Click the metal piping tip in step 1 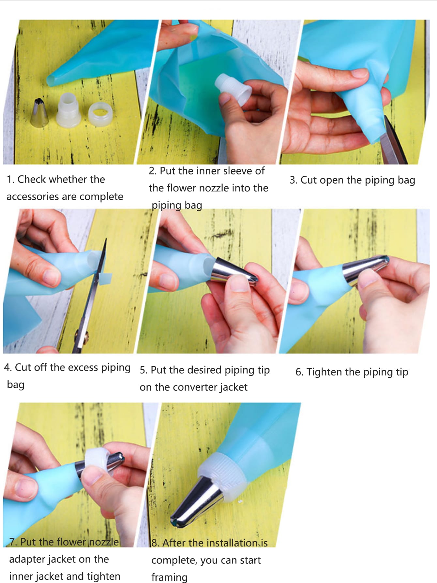(x=39, y=113)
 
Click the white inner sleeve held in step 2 (x=233, y=89)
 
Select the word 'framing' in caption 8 (x=169, y=577)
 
